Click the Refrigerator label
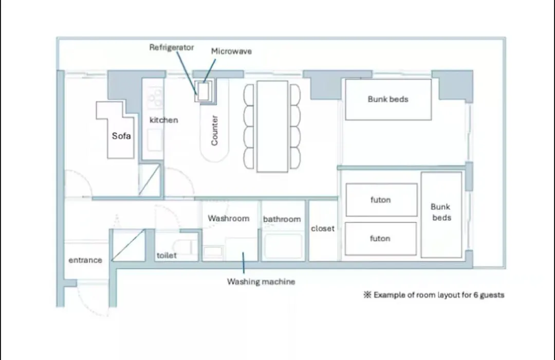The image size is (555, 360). point(171,47)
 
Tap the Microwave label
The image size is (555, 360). point(231,51)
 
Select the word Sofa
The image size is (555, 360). point(121,136)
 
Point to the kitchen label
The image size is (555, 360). point(163,120)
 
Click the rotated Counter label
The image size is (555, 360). point(214,131)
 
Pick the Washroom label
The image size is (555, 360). point(229,218)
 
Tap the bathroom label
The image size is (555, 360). point(282,219)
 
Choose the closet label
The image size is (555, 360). point(322,228)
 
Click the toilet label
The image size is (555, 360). point(166,255)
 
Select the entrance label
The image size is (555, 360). point(85,260)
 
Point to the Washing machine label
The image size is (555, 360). point(261,282)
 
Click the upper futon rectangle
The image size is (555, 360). point(381,200)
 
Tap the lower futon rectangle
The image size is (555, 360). point(381,239)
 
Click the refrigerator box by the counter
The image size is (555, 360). point(203,92)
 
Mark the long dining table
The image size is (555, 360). point(272,127)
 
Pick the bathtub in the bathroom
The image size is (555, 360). point(283,246)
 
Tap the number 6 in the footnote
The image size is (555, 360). point(476,295)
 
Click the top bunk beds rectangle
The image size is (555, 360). point(388,100)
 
